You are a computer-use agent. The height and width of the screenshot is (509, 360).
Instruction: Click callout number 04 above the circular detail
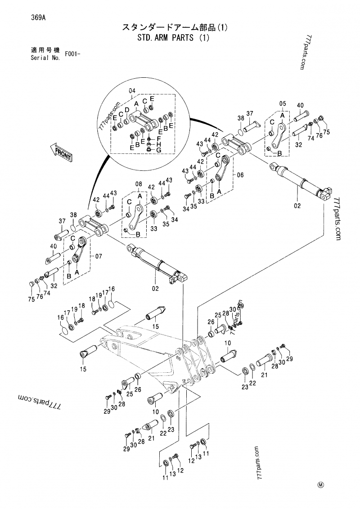pyautogui.click(x=132, y=91)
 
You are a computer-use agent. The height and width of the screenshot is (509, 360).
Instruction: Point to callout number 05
pyautogui.click(x=282, y=103)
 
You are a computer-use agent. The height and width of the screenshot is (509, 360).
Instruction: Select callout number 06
pyautogui.click(x=240, y=175)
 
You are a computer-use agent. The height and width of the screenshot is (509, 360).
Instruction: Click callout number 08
pyautogui.click(x=138, y=183)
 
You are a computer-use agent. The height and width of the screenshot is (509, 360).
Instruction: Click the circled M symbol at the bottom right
pyautogui.click(x=321, y=484)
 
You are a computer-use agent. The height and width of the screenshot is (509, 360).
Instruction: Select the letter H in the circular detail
pyautogui.click(x=159, y=143)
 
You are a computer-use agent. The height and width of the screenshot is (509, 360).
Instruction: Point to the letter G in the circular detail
pyautogui.click(x=159, y=149)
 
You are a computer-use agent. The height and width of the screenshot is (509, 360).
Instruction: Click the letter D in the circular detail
pyautogui.click(x=127, y=110)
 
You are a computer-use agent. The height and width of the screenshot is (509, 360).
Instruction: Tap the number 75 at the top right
pyautogui.click(x=326, y=131)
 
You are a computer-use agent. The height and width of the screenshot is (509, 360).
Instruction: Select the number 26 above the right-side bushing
pyautogui.click(x=210, y=322)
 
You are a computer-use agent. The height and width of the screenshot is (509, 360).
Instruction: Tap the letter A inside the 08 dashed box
pyautogui.click(x=139, y=196)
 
